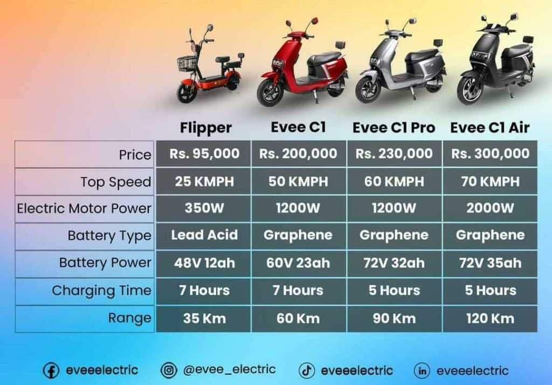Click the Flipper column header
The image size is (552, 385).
tap(205, 128)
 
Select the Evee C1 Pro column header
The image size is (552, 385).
tap(394, 128)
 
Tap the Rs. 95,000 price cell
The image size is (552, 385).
tap(204, 154)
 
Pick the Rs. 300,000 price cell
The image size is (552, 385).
tap(490, 154)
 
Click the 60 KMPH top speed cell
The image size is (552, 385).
tap(394, 181)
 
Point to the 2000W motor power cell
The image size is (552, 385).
tap(490, 208)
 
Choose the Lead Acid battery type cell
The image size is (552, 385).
tap(204, 235)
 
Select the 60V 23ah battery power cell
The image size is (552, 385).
tap(298, 263)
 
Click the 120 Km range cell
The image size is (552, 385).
tap(490, 319)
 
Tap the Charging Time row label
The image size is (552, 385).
tap(101, 291)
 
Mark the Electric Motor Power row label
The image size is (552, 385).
tap(84, 209)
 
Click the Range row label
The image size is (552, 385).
tap(129, 318)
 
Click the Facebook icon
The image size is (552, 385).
tap(51, 370)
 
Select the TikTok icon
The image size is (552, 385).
tap(307, 370)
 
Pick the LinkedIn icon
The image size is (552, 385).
tap(422, 370)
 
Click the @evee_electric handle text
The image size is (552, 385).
tap(229, 369)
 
